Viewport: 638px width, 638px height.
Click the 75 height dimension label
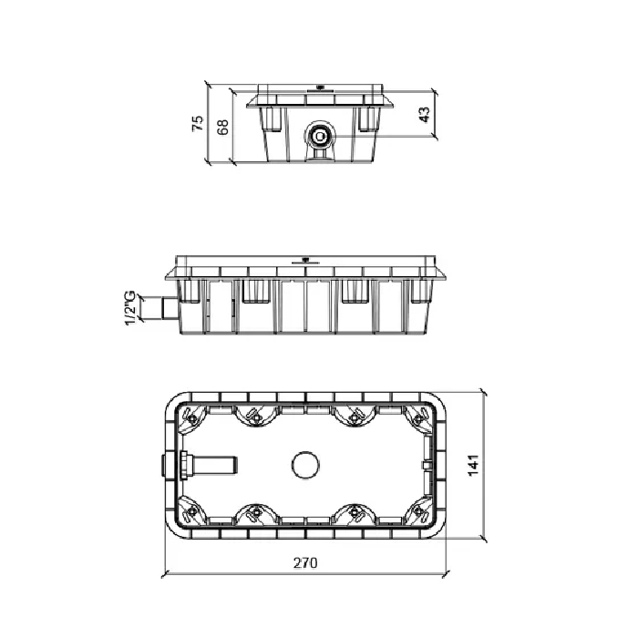coord(198,123)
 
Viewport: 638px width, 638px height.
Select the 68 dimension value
coord(222,128)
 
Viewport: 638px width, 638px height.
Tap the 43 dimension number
coord(424,115)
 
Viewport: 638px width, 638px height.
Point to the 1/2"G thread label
coord(129,308)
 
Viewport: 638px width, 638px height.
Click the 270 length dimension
coord(305,562)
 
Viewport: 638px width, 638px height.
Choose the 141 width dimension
coord(473,466)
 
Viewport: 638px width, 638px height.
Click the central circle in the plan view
coord(305,465)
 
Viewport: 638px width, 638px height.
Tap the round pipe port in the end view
coord(320,137)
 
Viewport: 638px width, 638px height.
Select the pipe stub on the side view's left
coord(170,308)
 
